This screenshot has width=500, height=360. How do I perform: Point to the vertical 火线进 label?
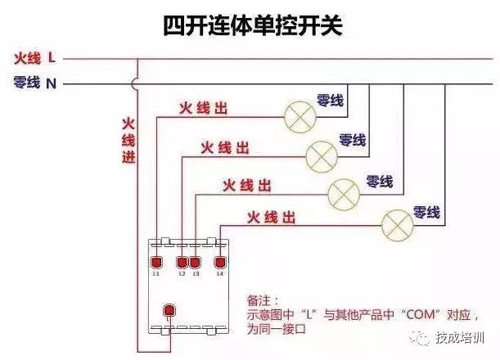tap(128, 140)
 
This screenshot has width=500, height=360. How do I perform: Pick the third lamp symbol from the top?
tap(344, 193)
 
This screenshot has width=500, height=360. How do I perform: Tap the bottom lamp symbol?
tap(399, 223)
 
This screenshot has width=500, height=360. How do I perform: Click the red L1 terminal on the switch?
tap(155, 262)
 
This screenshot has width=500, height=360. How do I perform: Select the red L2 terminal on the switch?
tap(182, 262)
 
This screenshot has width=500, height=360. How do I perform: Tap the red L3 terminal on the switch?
tap(195, 262)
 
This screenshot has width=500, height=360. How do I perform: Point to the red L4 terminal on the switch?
tap(219, 262)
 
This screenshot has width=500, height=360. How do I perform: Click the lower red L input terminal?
tap(169, 311)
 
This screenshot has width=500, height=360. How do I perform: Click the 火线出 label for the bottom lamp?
tap(271, 218)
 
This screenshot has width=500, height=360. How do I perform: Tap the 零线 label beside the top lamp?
tap(330, 102)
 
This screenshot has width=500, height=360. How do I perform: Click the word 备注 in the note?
tap(263, 301)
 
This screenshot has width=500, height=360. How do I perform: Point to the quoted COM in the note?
tap(420, 313)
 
